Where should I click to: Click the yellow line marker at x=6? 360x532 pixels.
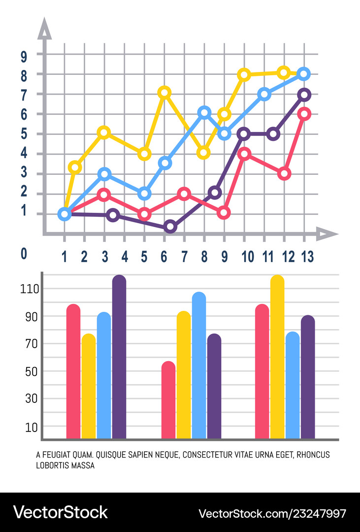pos(164,92)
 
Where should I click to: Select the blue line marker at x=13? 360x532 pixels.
pos(304,74)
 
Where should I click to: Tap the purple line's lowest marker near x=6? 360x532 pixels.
pos(170,227)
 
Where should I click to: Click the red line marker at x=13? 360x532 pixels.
pos(304,114)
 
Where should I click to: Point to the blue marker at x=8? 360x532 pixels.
pos(204,112)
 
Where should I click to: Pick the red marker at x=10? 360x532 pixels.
pos(244,154)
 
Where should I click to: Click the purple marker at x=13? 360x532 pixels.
pos(304,94)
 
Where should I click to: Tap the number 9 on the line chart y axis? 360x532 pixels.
pos(24,56)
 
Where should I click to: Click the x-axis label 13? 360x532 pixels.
pos(304,256)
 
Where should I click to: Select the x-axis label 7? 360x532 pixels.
pos(184,256)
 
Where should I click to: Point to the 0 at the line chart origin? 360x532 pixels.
pos(24,254)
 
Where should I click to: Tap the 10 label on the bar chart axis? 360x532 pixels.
pos(31,427)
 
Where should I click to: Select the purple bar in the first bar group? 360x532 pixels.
pos(119,357)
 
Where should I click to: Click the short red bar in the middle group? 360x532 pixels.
pos(168,400)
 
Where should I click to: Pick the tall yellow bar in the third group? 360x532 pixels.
pos(277,357)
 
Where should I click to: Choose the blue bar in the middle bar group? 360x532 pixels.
pos(199,366)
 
